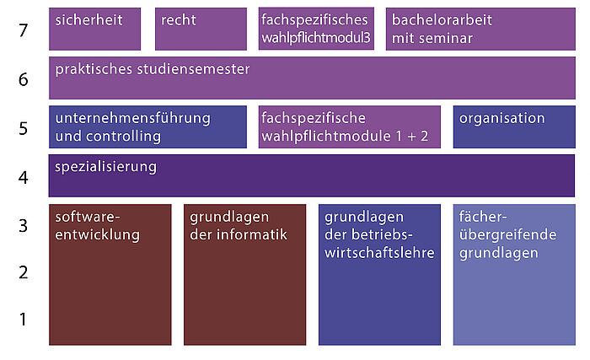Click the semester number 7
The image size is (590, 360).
point(24,30)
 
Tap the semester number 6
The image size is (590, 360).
point(24,79)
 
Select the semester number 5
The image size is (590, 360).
point(24,128)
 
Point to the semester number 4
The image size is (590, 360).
point(24,177)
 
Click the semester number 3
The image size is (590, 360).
point(24,226)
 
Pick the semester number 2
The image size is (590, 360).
point(24,272)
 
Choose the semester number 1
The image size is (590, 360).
point(24,319)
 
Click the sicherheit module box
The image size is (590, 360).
point(94,29)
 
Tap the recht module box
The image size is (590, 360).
point(201,29)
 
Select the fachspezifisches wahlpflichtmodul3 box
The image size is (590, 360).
point(316,29)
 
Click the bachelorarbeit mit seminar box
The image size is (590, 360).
point(480,29)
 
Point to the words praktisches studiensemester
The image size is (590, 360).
point(153,69)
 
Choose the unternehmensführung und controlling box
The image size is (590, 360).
point(147,127)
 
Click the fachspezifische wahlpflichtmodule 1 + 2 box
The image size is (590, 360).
point(350,127)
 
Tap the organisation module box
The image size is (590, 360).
point(514,127)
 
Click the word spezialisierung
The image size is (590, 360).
point(105,167)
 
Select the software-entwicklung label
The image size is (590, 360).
point(98,226)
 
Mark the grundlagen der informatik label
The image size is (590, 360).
point(239,226)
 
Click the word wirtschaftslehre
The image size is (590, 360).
point(379,253)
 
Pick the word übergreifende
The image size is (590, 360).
point(507,235)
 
